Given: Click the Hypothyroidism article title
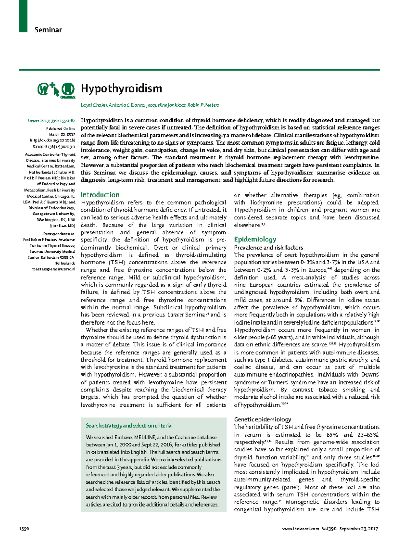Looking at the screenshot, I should coord(121,89).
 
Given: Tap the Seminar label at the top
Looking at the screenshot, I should coord(48,30).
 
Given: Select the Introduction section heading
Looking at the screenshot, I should coord(100,195).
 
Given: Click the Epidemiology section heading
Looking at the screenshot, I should coord(255,239).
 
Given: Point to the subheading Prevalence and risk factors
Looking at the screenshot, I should coord(268,248).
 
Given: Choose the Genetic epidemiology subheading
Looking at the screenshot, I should coord(262,419).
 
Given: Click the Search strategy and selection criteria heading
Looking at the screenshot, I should coord(129,426).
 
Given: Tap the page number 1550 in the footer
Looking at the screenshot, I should coord(24,529).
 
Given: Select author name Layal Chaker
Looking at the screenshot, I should coord(93,105).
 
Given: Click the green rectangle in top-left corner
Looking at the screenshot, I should coord(23,16).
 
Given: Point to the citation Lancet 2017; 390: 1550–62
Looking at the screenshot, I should coord(52,120).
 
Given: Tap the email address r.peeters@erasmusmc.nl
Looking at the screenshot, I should coord(53,269).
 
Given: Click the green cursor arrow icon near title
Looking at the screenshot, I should coord(55,89).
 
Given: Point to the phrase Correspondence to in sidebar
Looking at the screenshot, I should coord(58,234).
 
